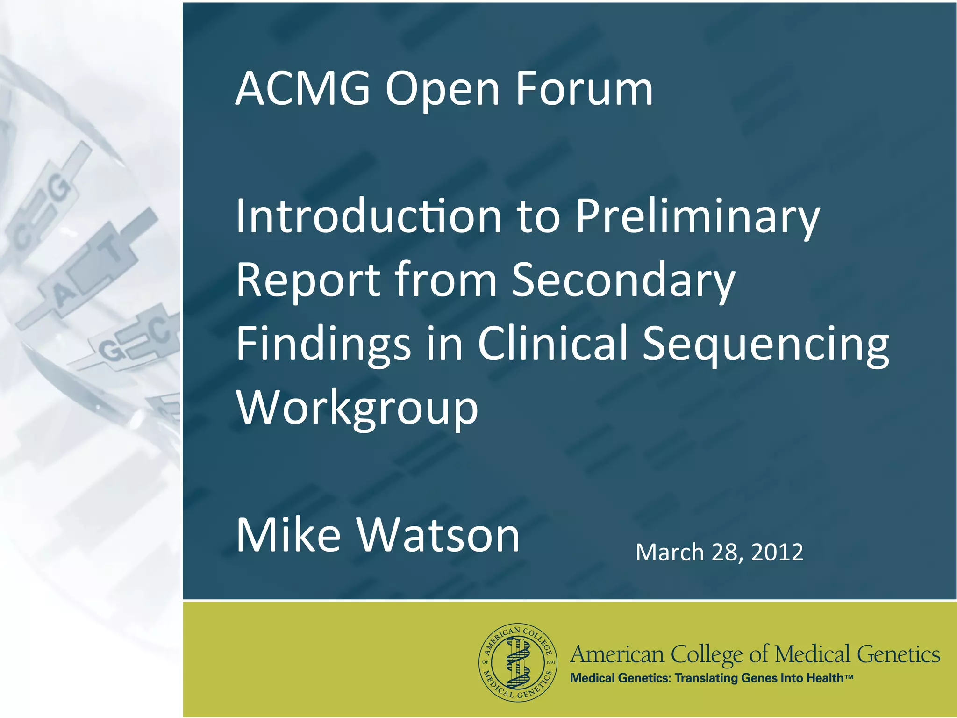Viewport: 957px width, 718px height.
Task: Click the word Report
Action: point(308,280)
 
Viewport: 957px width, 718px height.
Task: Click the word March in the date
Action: point(669,552)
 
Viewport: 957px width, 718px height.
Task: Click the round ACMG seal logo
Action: point(518,662)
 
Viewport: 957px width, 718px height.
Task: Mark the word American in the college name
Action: point(617,654)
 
